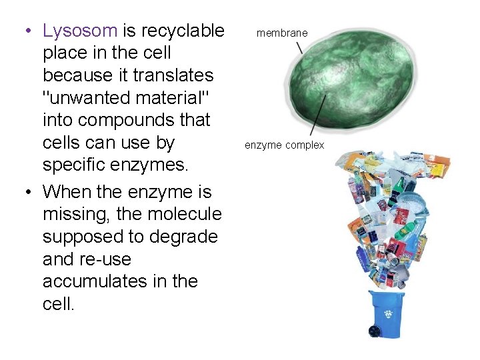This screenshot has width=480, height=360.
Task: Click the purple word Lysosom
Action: pos(80,31)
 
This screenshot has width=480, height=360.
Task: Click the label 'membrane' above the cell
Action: pos(282,33)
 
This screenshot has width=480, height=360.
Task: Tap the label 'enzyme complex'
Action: pos(284,145)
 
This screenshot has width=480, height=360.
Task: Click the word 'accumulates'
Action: pos(94,281)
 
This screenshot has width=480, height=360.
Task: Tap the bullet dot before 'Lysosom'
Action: pos(25,31)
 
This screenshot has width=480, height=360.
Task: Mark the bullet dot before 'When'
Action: pos(25,193)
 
